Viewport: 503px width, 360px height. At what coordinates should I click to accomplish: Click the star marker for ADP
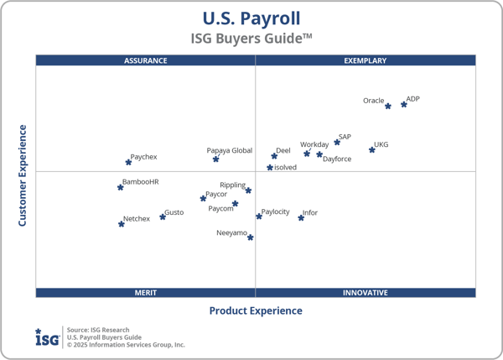point(404,104)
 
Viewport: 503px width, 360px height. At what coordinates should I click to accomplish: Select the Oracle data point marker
point(388,107)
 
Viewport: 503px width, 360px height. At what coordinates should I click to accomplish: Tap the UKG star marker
point(372,150)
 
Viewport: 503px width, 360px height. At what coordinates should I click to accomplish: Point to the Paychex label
point(143,157)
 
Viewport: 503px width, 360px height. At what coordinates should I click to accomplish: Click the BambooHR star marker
point(121,187)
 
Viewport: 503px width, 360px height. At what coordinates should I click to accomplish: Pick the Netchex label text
point(137,219)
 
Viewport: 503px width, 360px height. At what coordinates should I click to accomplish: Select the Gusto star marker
point(163,217)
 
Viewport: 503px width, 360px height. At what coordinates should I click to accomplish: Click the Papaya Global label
point(230,151)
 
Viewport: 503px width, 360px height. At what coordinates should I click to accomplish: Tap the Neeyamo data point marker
point(251,237)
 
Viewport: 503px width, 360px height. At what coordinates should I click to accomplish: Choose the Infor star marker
point(301,218)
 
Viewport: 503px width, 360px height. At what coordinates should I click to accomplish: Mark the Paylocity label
point(275,212)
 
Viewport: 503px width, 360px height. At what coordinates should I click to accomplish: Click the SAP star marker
point(337,143)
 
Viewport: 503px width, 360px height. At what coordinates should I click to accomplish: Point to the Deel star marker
point(274,156)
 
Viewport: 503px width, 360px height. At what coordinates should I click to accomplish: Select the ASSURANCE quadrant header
point(146,60)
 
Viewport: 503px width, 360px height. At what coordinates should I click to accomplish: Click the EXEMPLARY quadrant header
point(366,60)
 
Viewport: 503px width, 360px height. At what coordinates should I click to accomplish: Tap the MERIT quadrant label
point(146,293)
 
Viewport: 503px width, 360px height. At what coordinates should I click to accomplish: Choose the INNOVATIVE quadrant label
point(366,293)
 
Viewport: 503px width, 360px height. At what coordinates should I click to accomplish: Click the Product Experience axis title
point(256,310)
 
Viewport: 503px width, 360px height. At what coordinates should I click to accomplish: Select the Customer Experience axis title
point(23,175)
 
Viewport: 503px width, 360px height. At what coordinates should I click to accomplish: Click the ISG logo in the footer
point(47,337)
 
